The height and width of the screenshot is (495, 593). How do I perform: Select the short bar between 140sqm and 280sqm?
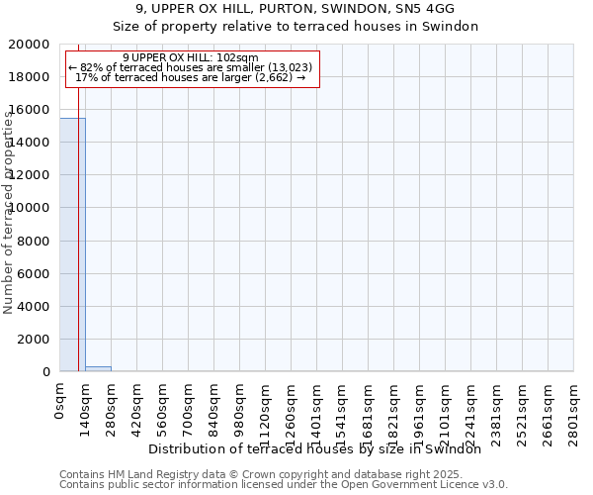tap(98, 368)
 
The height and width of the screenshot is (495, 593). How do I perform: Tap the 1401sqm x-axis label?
tap(316, 410)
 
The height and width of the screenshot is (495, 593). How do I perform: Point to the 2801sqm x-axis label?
tap(573, 410)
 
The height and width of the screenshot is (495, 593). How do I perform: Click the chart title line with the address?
tap(295, 9)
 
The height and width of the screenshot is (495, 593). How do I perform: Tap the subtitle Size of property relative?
tap(295, 27)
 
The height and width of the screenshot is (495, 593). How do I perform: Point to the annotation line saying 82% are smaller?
tap(191, 67)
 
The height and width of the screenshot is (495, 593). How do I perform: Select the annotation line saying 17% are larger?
tap(191, 77)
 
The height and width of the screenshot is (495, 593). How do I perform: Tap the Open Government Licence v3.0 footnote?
tap(284, 485)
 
